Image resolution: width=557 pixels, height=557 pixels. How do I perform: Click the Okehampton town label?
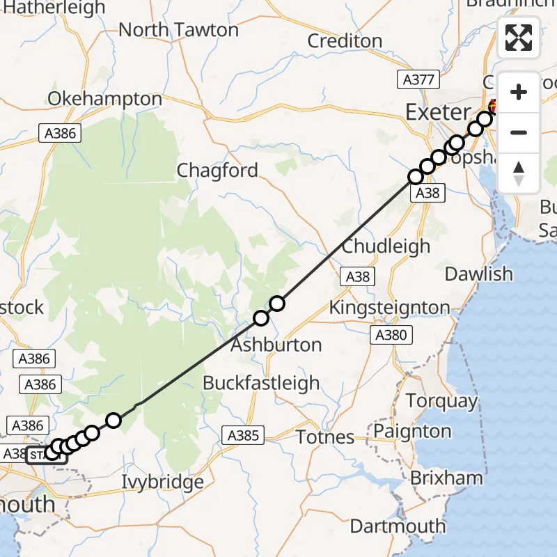pos(105,99)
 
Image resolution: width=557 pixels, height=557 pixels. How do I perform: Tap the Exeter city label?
pos(438,112)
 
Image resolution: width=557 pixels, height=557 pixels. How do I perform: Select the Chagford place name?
pos(217,170)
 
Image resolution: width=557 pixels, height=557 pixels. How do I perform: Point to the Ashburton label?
pos(276,345)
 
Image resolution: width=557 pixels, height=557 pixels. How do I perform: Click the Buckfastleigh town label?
pos(261,382)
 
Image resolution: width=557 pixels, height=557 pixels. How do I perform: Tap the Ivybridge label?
pos(162,481)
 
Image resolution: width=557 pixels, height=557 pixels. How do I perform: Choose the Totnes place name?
pos(326,437)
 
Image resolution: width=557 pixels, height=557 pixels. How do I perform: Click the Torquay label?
pos(441,401)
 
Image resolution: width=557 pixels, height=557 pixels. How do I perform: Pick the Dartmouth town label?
pos(398,526)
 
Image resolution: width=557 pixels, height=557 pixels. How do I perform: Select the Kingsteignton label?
pos(389,307)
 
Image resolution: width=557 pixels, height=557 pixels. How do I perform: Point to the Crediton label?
pos(345,40)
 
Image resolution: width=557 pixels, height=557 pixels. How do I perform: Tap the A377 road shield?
pos(419,79)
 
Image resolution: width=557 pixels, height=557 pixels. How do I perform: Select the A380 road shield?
pos(390,336)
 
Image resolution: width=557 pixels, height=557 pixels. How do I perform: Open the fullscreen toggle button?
pos(519,38)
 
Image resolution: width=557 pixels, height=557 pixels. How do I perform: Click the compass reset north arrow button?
pos(519,173)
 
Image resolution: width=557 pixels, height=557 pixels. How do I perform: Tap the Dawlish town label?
pos(479,274)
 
